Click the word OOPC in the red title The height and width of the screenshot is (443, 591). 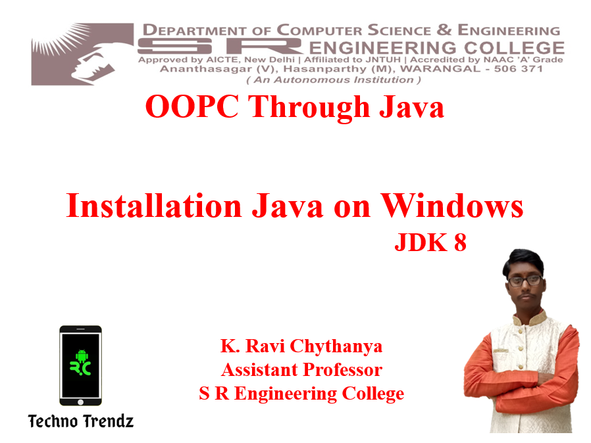click(x=192, y=106)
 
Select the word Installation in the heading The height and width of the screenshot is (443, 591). click(x=154, y=206)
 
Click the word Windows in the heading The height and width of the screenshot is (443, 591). click(x=451, y=206)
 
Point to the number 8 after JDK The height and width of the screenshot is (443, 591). click(x=460, y=242)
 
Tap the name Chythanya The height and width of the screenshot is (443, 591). click(x=336, y=346)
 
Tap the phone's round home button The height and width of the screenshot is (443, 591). click(x=80, y=402)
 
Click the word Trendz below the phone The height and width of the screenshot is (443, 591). click(x=107, y=421)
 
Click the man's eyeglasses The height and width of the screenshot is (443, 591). click(x=525, y=281)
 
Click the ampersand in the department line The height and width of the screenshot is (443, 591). click(x=444, y=30)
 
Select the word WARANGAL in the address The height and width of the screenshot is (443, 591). click(x=440, y=69)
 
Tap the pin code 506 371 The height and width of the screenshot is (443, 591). click(x=518, y=69)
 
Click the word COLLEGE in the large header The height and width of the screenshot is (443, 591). click(x=514, y=48)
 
